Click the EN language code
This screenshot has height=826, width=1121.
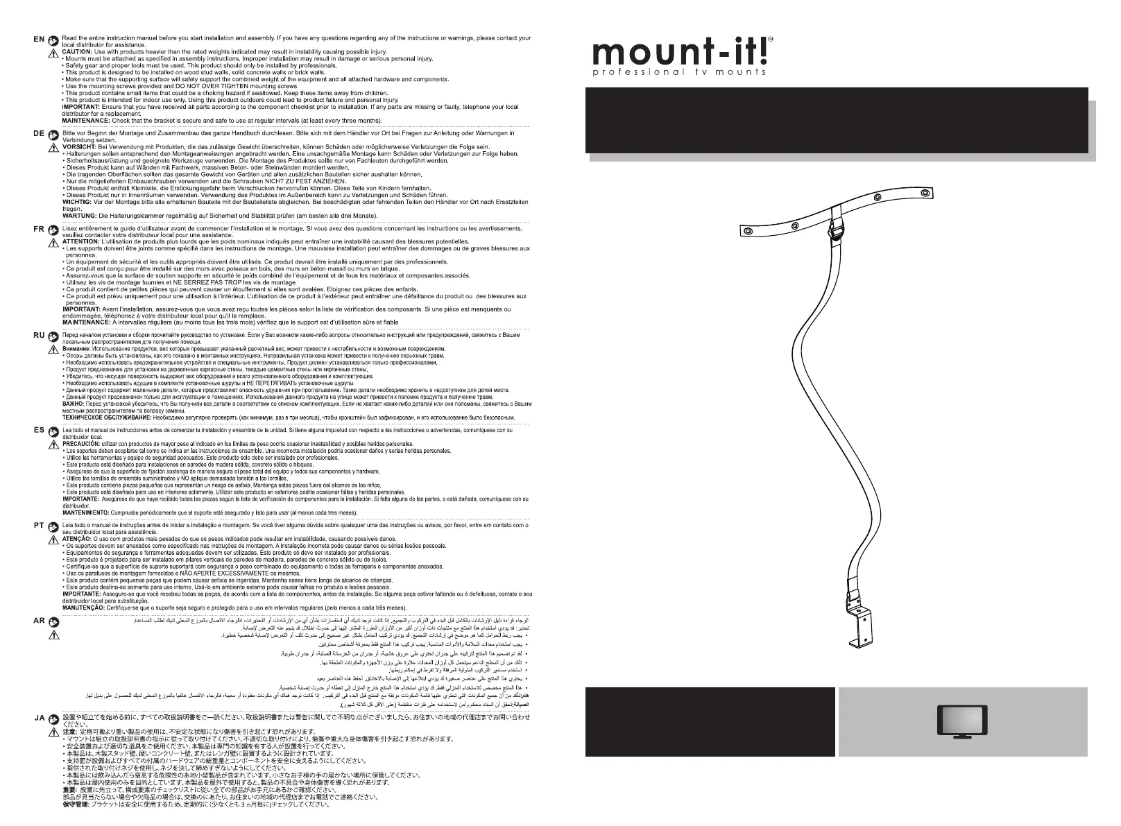39,40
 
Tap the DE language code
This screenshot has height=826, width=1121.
39,133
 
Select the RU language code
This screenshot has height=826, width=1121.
39,335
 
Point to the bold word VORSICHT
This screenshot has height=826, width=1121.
78,147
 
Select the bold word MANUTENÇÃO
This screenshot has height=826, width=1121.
83,607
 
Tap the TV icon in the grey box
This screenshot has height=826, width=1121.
961,722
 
